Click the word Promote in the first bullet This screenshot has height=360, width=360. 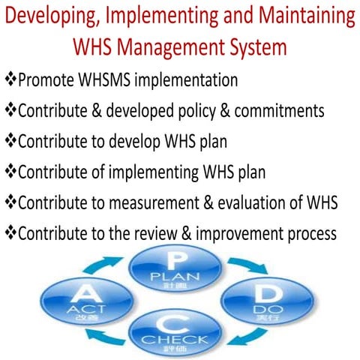[x=48, y=79]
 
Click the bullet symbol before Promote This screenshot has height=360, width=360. [x=10, y=79]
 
